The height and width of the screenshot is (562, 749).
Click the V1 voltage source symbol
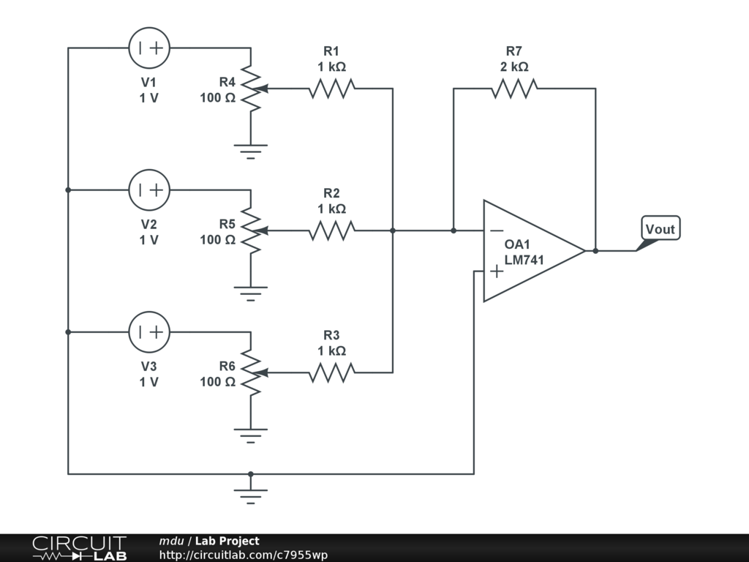tap(149, 48)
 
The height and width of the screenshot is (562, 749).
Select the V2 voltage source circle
tap(149, 190)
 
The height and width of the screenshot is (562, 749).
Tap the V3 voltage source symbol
tap(149, 332)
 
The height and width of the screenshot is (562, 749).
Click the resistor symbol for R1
tap(331, 89)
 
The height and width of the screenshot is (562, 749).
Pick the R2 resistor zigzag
tap(331, 231)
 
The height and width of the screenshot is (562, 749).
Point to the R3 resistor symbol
tap(331, 373)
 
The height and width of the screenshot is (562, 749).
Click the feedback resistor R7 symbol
tap(514, 89)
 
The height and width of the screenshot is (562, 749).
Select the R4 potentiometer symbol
tap(251, 89)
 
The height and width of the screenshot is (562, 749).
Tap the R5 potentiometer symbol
tap(251, 231)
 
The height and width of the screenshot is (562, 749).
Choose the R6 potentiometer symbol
tap(251, 373)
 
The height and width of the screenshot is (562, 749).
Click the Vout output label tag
tap(660, 229)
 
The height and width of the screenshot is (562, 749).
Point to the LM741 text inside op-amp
tap(524, 260)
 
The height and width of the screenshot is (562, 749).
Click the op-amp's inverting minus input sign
tap(496, 231)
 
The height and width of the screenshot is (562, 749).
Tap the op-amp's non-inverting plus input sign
tap(496, 271)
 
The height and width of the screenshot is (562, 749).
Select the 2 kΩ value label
tap(514, 67)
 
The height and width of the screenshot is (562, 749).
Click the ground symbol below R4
tap(251, 151)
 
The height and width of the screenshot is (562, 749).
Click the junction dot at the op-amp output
tap(595, 251)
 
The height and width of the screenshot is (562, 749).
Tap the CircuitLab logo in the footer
tap(78, 548)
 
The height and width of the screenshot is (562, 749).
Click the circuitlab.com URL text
tap(243, 555)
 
